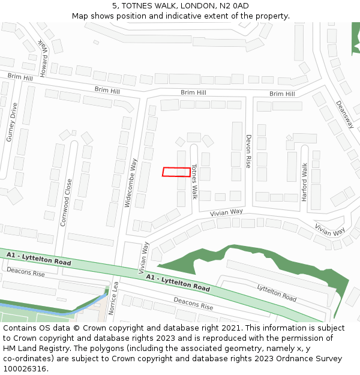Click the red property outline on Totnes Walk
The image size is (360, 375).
(x=176, y=172)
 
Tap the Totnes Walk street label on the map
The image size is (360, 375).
(x=194, y=181)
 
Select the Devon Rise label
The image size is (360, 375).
(x=248, y=151)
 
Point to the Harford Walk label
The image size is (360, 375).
(x=305, y=182)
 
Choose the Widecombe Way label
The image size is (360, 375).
(x=131, y=183)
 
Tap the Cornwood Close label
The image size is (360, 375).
(x=67, y=202)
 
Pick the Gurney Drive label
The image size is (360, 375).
(x=11, y=122)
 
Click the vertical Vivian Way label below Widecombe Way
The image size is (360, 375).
(x=143, y=258)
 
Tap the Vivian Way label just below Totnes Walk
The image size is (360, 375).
(x=226, y=212)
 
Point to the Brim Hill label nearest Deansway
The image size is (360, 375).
(x=282, y=94)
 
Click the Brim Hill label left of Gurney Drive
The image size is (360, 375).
(x=20, y=77)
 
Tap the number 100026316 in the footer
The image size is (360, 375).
(x=24, y=369)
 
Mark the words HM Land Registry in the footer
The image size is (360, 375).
(x=32, y=349)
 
